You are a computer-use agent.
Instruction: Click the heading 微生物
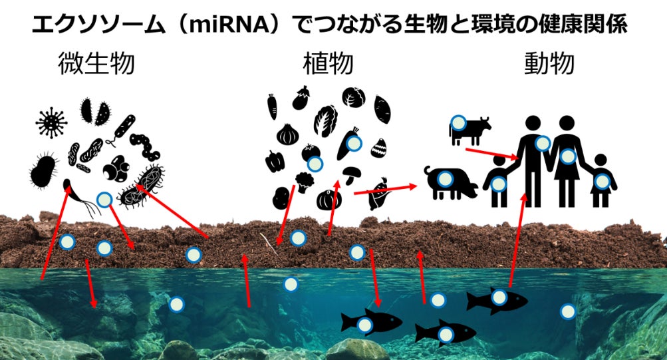pos(96,65)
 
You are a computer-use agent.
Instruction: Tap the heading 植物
pos(327,65)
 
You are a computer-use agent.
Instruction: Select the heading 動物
pos(549,65)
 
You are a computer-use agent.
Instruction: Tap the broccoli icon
pos(305,182)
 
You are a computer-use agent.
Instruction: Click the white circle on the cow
pos(458,122)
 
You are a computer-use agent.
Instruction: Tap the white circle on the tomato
pos(315,164)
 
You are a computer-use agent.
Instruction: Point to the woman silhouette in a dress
pos(567,160)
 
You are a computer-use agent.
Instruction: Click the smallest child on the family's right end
pos(600,180)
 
